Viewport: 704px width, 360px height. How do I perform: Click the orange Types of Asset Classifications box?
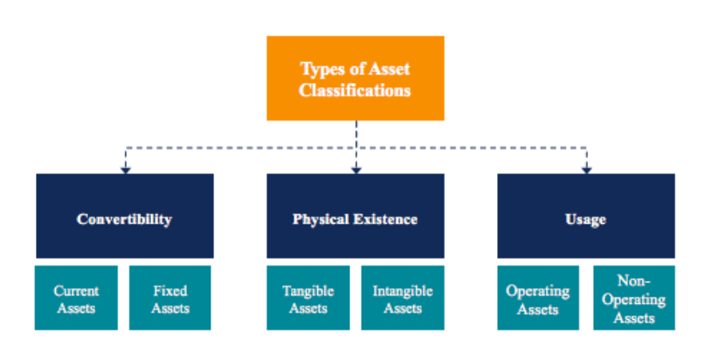(355, 79)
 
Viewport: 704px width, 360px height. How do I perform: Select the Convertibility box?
(124, 217)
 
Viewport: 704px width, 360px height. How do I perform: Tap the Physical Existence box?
(355, 217)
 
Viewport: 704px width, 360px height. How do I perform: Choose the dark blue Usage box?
(586, 217)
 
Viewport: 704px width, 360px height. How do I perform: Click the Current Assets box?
(76, 299)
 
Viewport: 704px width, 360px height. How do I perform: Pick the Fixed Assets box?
(170, 299)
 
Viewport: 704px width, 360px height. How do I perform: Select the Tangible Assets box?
(307, 299)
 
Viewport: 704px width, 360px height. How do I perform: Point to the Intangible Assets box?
(402, 299)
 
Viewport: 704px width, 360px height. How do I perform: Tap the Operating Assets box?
(538, 299)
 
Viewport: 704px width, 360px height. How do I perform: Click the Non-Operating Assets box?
(634, 299)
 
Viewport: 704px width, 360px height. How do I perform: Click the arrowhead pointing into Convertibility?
(125, 169)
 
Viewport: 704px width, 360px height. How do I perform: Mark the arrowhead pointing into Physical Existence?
(356, 169)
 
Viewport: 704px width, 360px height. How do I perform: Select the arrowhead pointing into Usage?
(587, 169)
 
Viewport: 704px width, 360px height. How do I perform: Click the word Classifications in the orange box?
(355, 89)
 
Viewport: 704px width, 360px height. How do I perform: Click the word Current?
(76, 291)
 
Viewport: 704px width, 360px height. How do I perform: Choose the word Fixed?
(170, 291)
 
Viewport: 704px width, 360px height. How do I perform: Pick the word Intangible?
(402, 291)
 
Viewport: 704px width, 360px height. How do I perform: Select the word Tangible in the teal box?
(307, 291)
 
